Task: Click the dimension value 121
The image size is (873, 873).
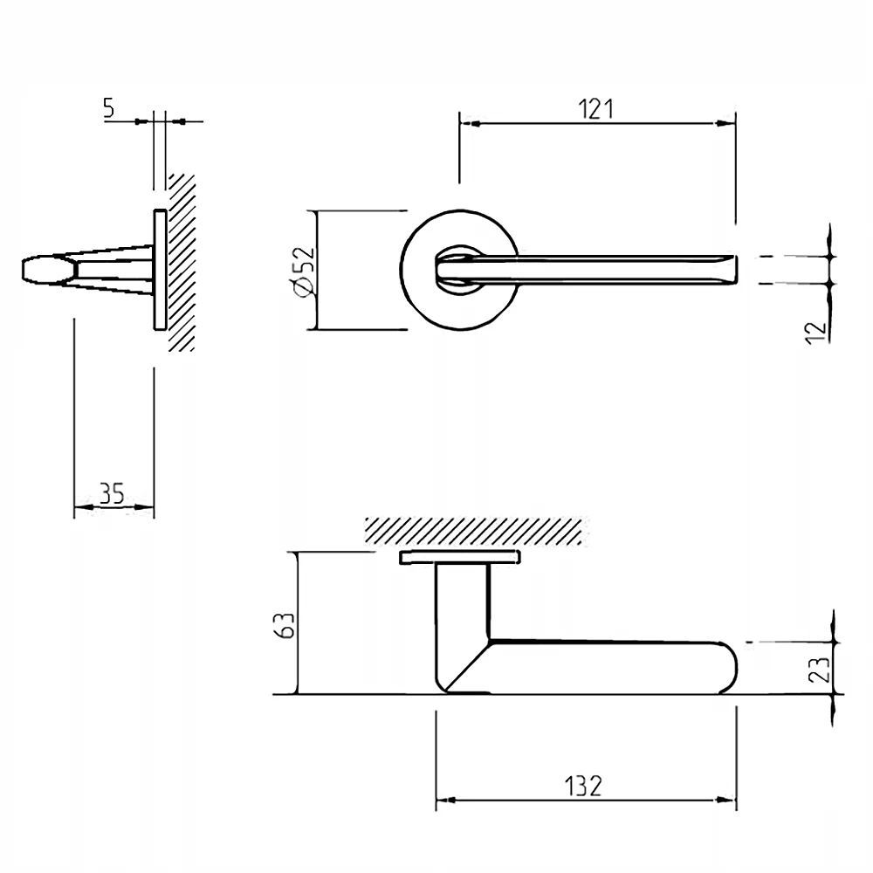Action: [x=597, y=109]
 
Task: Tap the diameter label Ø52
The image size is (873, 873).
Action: [x=302, y=271]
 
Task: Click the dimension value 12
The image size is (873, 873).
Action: [x=815, y=330]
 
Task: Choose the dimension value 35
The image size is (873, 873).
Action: [x=111, y=495]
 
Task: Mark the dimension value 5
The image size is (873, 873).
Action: [x=108, y=108]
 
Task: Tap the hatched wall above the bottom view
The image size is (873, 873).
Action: [x=471, y=529]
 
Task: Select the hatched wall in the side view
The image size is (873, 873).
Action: [x=181, y=262]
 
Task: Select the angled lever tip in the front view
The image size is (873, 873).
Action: [x=729, y=269]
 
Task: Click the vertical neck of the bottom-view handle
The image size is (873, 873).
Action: [x=462, y=602]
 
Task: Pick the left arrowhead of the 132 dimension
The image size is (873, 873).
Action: [x=444, y=800]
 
